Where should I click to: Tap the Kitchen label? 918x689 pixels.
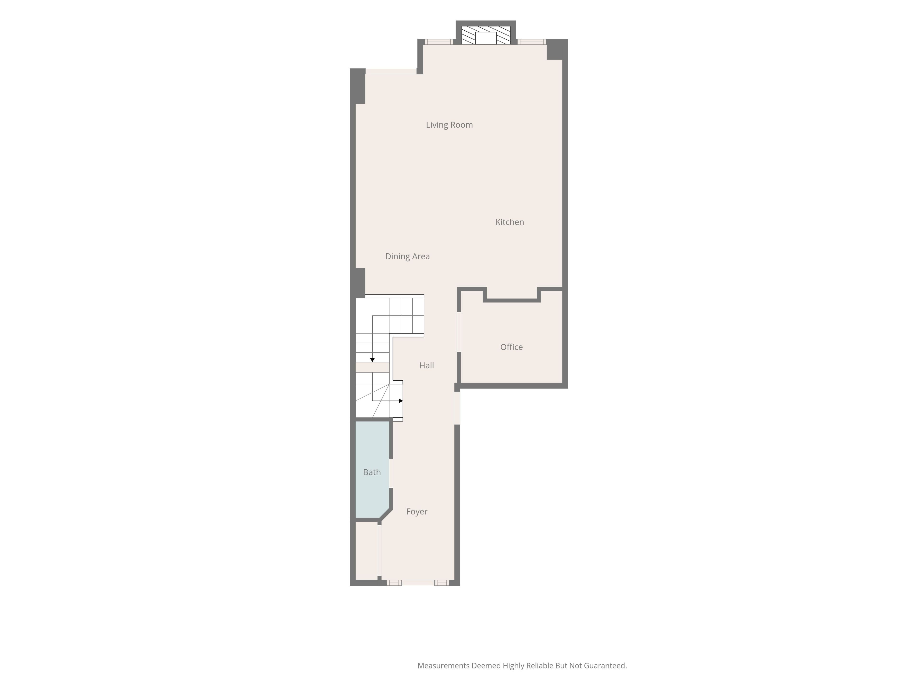tap(510, 222)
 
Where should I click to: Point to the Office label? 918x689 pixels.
tap(511, 347)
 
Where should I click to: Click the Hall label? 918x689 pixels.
tap(427, 366)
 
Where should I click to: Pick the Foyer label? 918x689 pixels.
tap(417, 512)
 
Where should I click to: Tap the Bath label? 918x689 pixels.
tap(372, 472)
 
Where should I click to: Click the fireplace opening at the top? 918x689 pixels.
tap(486, 38)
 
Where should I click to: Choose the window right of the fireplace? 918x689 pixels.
tap(532, 42)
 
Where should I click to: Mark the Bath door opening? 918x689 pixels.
tap(391, 473)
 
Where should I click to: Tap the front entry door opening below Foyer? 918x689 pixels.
tap(418, 583)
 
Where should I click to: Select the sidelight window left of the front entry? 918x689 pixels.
tap(394, 583)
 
